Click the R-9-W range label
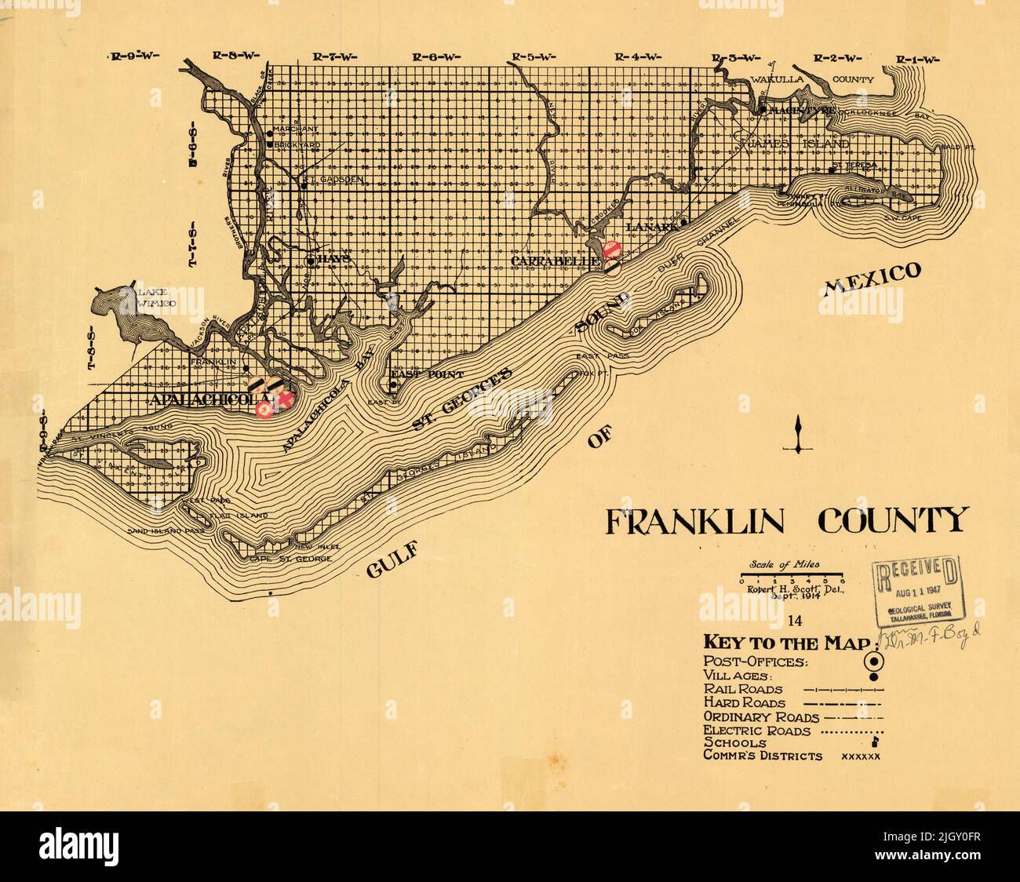pos(134,56)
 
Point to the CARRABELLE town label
pos(555,259)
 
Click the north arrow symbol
pos(797,436)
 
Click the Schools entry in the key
pos(735,742)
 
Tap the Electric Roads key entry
pos(757,730)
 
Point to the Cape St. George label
pos(290,559)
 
